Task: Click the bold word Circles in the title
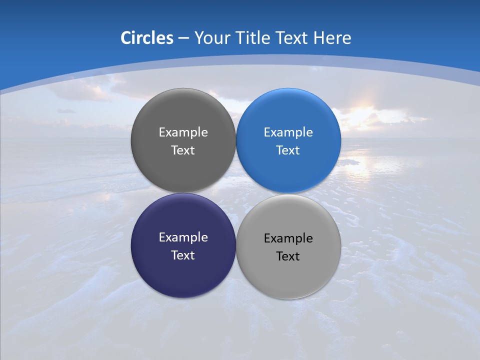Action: click(146, 38)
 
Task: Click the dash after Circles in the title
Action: click(183, 38)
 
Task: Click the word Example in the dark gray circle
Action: click(183, 132)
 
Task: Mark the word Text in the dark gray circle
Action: click(183, 150)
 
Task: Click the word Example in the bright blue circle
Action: click(288, 132)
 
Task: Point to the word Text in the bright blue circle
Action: click(288, 150)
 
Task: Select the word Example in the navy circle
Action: click(183, 237)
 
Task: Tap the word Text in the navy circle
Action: click(183, 255)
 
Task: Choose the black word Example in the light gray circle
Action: click(288, 238)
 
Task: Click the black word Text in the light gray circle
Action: click(288, 256)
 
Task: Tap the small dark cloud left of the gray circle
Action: click(66, 110)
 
